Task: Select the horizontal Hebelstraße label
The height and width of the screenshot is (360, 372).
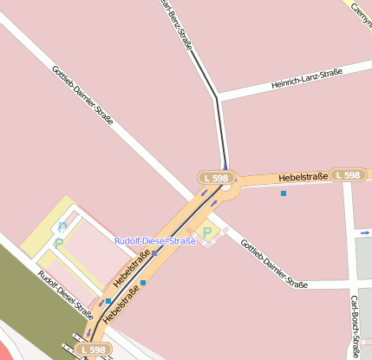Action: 303,177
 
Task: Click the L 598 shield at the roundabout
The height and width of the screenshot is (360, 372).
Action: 215,178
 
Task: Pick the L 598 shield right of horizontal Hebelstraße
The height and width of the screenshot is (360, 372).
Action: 346,175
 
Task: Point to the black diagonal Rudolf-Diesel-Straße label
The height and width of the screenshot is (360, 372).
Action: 66,295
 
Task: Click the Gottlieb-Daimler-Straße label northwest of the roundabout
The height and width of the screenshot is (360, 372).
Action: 82,96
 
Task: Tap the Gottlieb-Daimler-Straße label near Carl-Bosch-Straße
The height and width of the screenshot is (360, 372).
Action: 273,264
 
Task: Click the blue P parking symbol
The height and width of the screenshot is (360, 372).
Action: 62,227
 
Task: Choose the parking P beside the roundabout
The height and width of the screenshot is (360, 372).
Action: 207,232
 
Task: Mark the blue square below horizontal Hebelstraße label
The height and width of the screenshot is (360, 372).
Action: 284,193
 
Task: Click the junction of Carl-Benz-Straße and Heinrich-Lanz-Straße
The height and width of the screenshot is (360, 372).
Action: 218,100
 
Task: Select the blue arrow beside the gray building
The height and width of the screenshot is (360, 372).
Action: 362,232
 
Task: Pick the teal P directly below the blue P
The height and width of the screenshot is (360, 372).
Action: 59,243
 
